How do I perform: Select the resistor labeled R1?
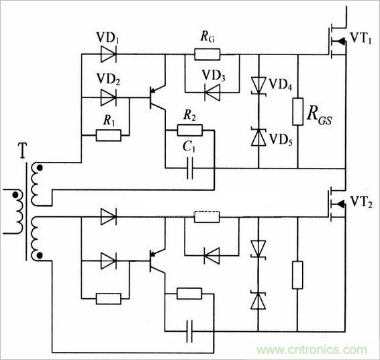(x=108, y=136)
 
